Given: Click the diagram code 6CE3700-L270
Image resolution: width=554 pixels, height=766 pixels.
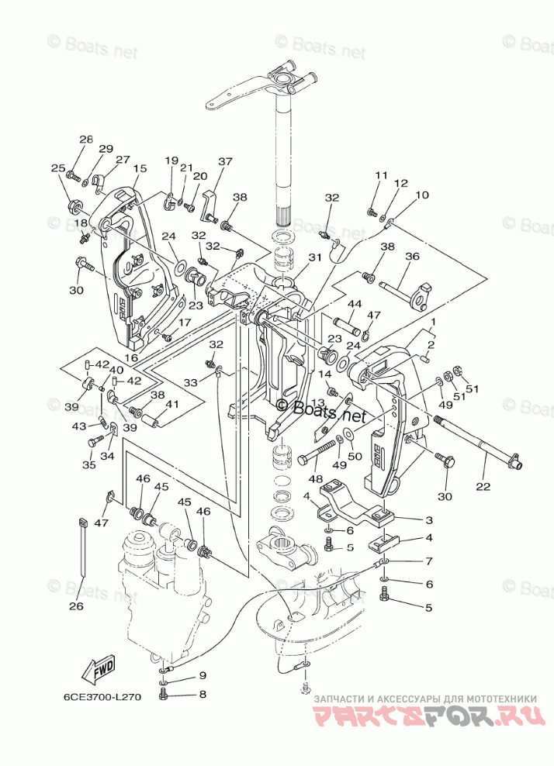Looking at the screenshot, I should coord(97,696).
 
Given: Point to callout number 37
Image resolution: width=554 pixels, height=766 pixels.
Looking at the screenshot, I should coord(225,162).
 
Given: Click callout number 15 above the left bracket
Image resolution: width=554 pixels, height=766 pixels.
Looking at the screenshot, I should coord(140,168).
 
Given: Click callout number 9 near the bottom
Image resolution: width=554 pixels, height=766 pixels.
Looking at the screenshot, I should coord(203,675).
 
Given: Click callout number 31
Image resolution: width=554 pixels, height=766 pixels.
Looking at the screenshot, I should coord(314,258).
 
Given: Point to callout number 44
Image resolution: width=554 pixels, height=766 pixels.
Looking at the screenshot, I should coord(355,304).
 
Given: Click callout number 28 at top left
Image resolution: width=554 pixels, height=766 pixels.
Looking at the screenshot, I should coord(85,139).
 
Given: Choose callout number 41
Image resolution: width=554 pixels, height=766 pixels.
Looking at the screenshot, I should coord(171,404).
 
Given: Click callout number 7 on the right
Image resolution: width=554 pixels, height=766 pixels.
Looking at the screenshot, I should coord(428,561).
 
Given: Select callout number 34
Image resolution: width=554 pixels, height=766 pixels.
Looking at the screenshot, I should coord(107,456).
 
